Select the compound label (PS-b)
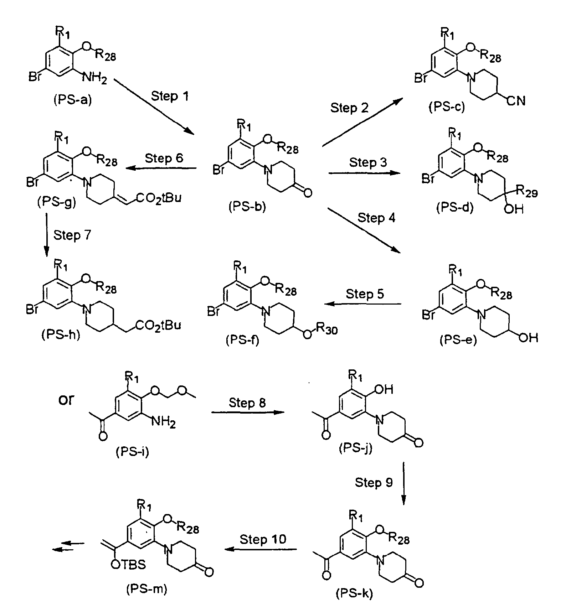(x=247, y=207)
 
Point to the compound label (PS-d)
(x=454, y=207)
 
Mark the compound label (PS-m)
(x=146, y=589)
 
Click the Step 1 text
(x=170, y=96)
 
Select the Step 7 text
(x=72, y=235)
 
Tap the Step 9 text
(x=374, y=483)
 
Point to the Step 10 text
(x=263, y=539)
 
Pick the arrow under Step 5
(x=363, y=304)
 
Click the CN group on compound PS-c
(x=516, y=101)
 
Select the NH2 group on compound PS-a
(x=94, y=77)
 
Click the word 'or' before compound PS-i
(x=66, y=400)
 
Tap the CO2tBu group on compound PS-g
(x=157, y=197)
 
